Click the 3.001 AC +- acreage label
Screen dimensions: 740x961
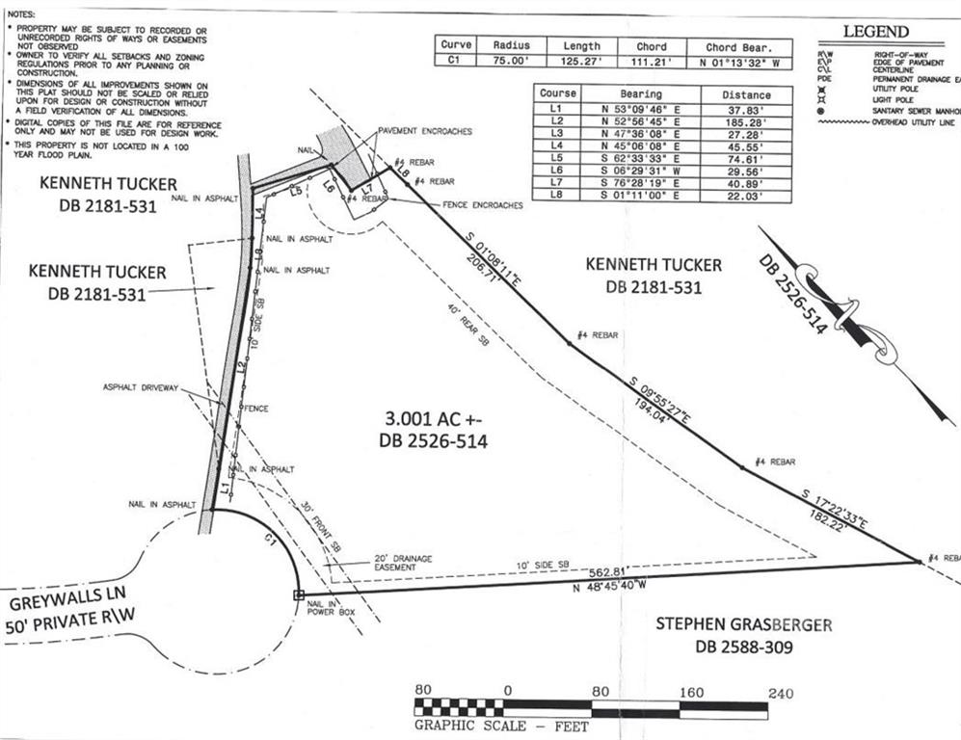(432, 419)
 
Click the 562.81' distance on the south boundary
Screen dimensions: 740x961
(609, 569)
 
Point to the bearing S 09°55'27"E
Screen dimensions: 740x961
(659, 397)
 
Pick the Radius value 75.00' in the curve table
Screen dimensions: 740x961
(511, 61)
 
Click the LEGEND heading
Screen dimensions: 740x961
(875, 32)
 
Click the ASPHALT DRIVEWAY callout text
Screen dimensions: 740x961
(142, 387)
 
